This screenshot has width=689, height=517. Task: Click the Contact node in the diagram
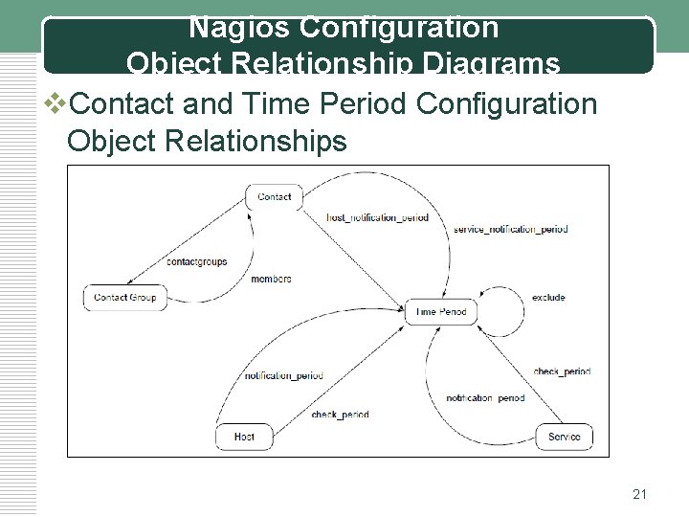(x=275, y=197)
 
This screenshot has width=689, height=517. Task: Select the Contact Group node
(x=125, y=298)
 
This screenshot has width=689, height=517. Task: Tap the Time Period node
(x=440, y=312)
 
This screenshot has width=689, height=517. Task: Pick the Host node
(x=245, y=438)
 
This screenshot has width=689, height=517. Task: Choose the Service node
(x=564, y=438)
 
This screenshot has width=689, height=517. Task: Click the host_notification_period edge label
(x=377, y=217)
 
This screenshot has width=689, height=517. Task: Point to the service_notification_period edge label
(x=510, y=230)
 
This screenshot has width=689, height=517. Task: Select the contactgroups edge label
(x=196, y=260)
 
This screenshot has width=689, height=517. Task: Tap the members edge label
(x=271, y=279)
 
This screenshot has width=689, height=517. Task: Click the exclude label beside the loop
(x=548, y=298)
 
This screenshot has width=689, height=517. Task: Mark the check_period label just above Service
(x=562, y=371)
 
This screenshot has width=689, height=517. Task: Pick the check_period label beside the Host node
(x=340, y=415)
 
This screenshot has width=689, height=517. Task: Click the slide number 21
(x=640, y=494)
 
